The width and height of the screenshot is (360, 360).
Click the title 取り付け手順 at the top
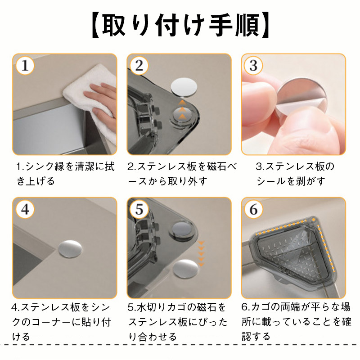pyautogui.click(x=180, y=26)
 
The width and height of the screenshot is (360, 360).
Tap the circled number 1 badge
pyautogui.click(x=25, y=66)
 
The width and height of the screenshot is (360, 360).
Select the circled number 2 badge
pyautogui.click(x=139, y=66)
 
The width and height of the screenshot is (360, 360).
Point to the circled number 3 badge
pyautogui.click(x=253, y=66)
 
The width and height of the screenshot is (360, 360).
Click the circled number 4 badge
pyautogui.click(x=25, y=209)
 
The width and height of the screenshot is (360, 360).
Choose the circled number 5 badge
pyautogui.click(x=139, y=209)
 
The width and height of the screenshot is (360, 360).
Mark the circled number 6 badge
pyautogui.click(x=253, y=209)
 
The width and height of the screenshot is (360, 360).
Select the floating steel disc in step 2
pyautogui.click(x=184, y=87)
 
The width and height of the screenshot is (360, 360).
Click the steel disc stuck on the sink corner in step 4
pyautogui.click(x=70, y=249)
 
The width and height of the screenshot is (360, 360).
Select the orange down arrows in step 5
pyautogui.click(x=201, y=253)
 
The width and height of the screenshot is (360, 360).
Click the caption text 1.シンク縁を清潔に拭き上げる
pyautogui.click(x=65, y=174)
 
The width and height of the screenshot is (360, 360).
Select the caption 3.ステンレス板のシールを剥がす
pyautogui.click(x=295, y=174)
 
